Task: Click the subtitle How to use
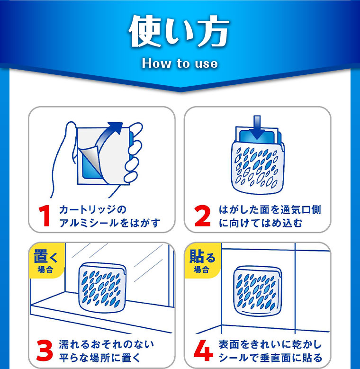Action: point(180,63)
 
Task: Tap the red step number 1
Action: point(45,216)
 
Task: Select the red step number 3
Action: point(45,351)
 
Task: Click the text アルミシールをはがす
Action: point(109,223)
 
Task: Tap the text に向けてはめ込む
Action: point(260,223)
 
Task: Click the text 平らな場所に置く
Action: point(99,358)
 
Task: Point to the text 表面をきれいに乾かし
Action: point(270,344)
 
